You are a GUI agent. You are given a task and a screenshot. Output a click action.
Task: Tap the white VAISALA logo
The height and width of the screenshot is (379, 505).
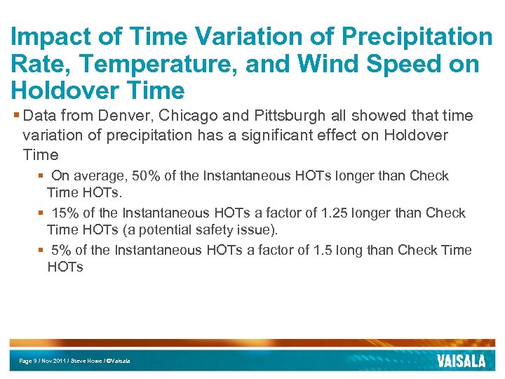coord(460,361)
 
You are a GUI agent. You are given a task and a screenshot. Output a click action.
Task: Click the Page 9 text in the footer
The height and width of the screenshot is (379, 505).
coord(29,361)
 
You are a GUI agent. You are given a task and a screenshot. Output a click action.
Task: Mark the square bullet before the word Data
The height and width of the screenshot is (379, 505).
coord(15,115)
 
